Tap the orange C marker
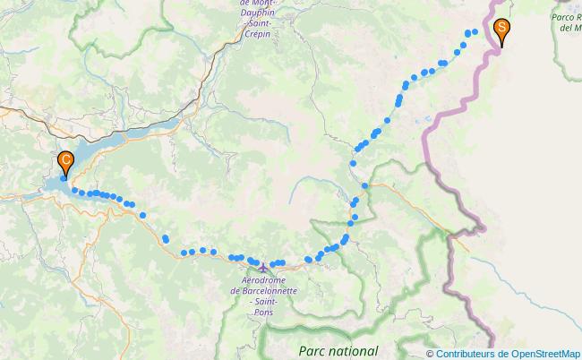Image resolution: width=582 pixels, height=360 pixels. [x=65, y=162]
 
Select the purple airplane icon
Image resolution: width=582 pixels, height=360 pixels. [x=261, y=266]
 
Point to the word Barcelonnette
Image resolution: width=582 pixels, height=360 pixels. [x=269, y=291]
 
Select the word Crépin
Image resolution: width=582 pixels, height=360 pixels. [x=255, y=32]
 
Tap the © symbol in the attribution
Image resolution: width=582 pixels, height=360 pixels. [x=430, y=353]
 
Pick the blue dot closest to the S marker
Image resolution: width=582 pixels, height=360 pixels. [x=474, y=32]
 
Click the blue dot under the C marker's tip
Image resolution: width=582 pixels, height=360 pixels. [x=64, y=178]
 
